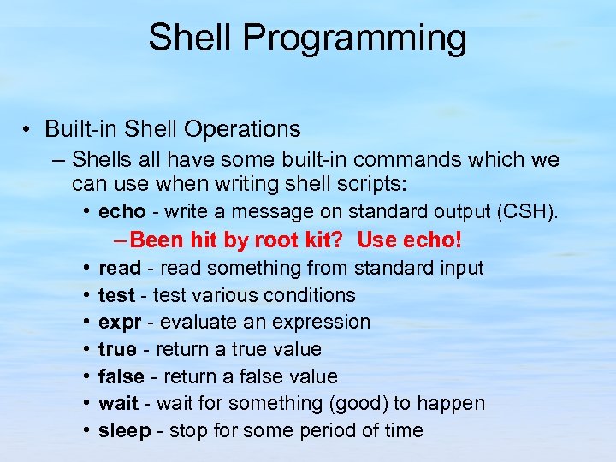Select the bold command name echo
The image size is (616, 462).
click(120, 211)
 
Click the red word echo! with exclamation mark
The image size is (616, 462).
click(436, 240)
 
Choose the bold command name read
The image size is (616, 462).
click(119, 268)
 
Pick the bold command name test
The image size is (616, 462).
click(116, 295)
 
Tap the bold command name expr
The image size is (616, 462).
click(118, 323)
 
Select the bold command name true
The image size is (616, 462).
click(117, 349)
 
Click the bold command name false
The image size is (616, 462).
click(121, 376)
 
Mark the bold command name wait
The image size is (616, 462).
click(118, 403)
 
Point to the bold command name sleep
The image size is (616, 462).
click(124, 430)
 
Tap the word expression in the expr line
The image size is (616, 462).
click(323, 323)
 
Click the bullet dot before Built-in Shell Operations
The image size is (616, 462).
click(28, 130)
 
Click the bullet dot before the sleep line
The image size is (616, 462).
click(89, 430)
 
